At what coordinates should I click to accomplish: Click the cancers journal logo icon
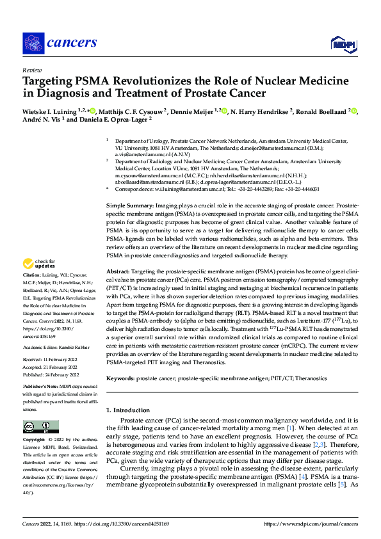[33, 42]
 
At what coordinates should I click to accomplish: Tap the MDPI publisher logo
[341, 43]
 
